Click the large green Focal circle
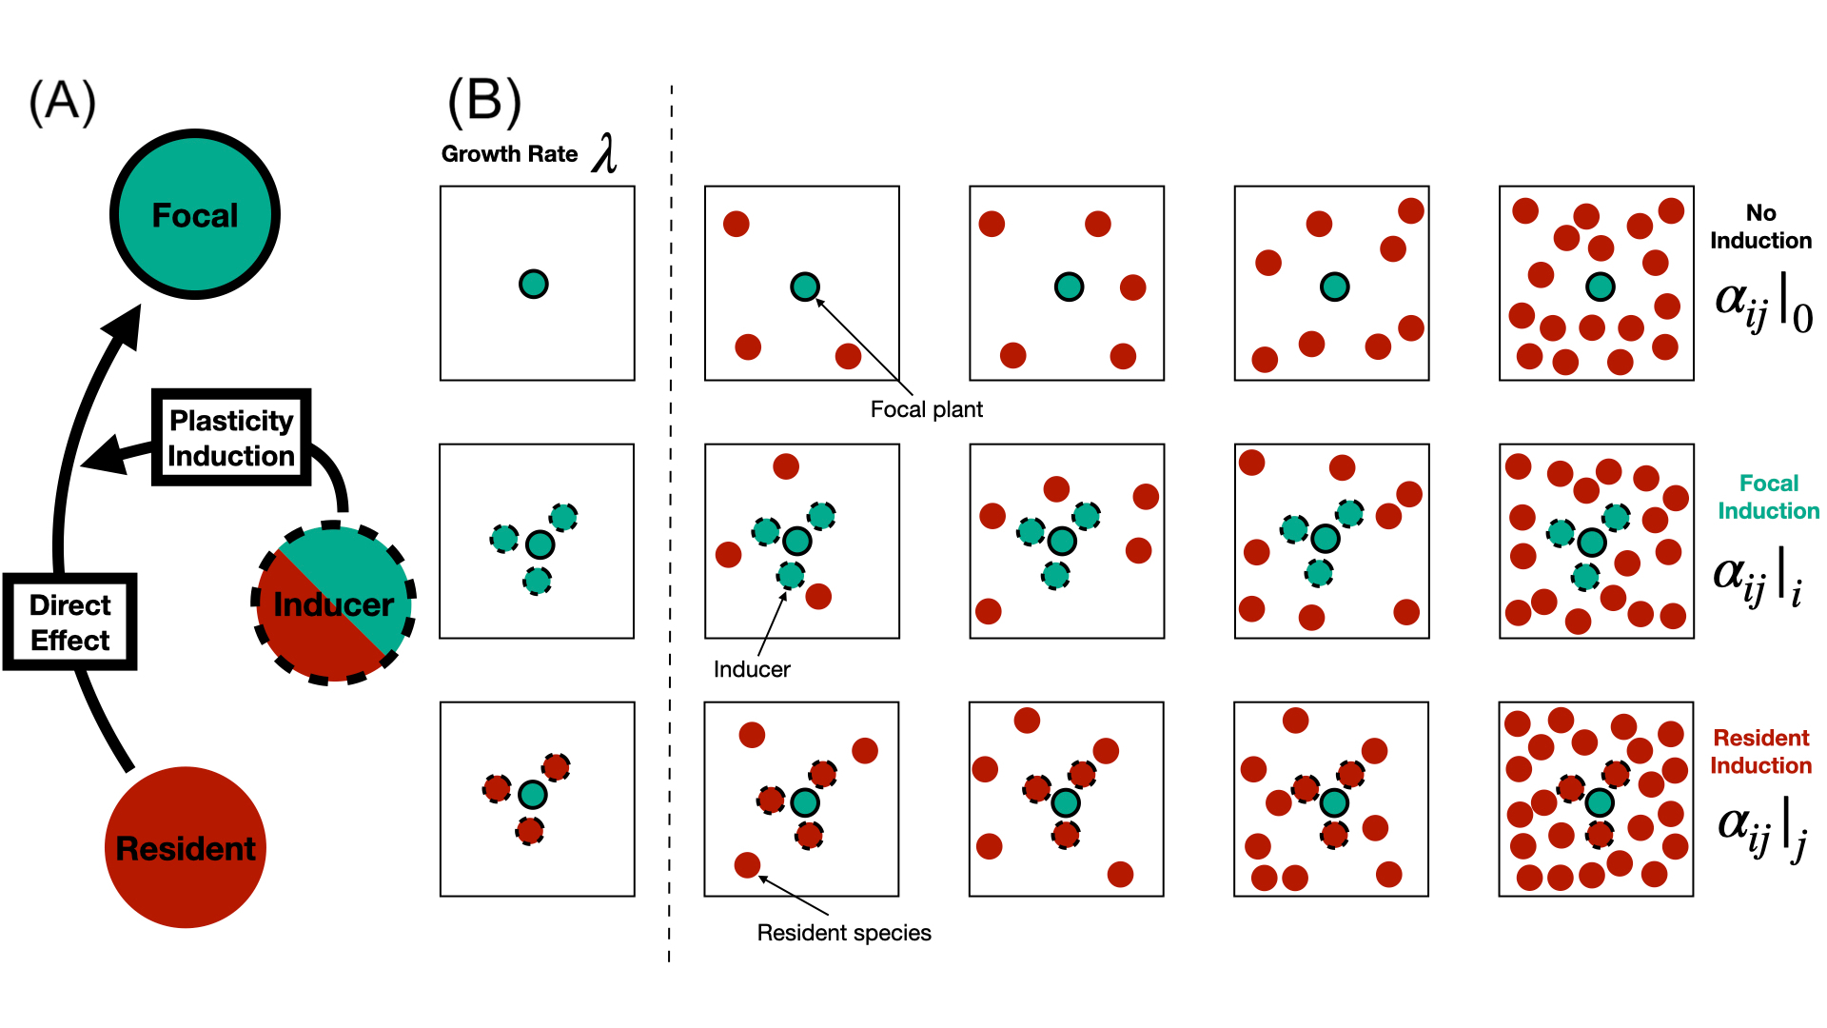tap(195, 214)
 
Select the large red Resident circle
tap(186, 847)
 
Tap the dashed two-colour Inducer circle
tap(334, 603)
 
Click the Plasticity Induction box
tap(231, 438)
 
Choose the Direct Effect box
tap(70, 623)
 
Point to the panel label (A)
tap(63, 102)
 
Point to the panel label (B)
tap(484, 102)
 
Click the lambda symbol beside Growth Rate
tap(605, 153)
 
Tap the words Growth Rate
tap(509, 154)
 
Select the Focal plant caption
tap(926, 409)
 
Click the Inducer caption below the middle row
tap(752, 669)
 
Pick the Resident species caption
tap(844, 933)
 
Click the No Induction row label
tap(1760, 227)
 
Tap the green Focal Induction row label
tap(1768, 497)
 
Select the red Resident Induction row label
tap(1760, 751)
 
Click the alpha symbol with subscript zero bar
tap(1762, 303)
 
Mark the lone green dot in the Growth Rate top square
tap(534, 284)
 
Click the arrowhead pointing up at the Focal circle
tap(125, 324)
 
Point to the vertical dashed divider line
tap(671, 524)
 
